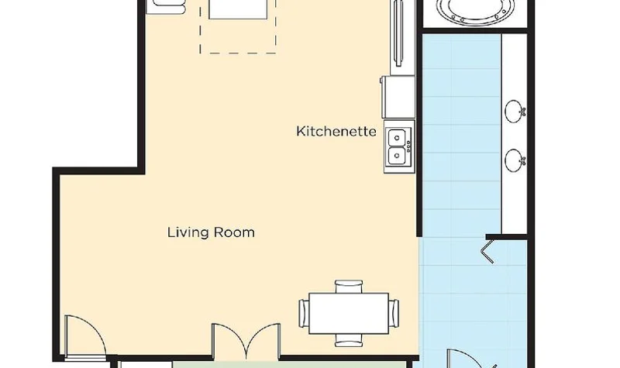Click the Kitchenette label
pyautogui.click(x=336, y=131)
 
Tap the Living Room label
pyautogui.click(x=211, y=232)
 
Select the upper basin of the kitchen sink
pyautogui.click(x=397, y=138)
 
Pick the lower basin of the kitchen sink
pyautogui.click(x=397, y=156)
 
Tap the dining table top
pyautogui.click(x=349, y=313)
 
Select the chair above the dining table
pyautogui.click(x=349, y=286)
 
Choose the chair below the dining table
pyautogui.click(x=349, y=340)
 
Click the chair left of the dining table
pyautogui.click(x=304, y=314)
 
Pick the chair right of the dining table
pyautogui.click(x=394, y=314)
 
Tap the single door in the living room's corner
pyautogui.click(x=85, y=337)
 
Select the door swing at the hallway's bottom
pyautogui.click(x=470, y=358)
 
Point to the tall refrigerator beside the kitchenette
pyautogui.click(x=402, y=37)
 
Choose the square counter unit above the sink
pyautogui.click(x=398, y=97)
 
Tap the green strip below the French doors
pyautogui.click(x=291, y=364)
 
